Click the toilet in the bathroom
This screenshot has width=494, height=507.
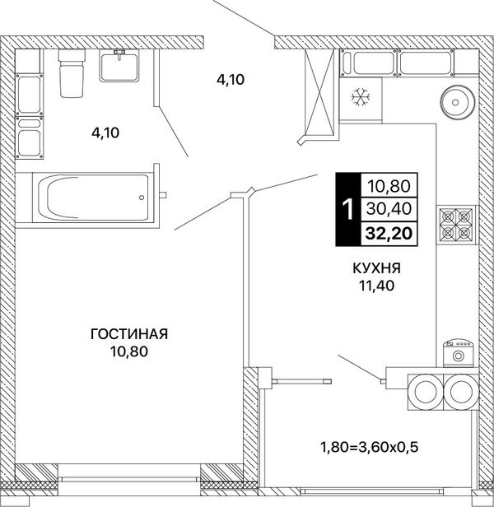point(72,73)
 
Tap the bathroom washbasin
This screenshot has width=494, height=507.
point(119,66)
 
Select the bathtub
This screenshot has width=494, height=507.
point(92,198)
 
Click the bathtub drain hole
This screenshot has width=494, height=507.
point(142,198)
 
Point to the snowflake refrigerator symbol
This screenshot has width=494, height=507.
point(361,97)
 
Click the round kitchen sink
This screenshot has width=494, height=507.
point(455,103)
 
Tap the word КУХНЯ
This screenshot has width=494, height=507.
point(376,268)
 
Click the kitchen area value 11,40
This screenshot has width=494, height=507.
point(376,286)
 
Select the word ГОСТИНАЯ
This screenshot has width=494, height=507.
point(129,334)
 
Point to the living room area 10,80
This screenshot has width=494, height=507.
point(129,351)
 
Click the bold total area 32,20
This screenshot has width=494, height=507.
point(389,234)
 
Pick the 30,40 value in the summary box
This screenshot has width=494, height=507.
point(389,209)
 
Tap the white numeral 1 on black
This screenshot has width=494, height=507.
point(348,209)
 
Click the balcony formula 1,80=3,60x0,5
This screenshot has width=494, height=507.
point(369,448)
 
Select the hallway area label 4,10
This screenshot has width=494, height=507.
point(231,80)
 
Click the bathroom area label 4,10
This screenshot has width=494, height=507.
point(105,133)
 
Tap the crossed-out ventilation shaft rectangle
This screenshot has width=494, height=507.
point(319,92)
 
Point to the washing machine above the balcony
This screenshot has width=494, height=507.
point(458,353)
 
